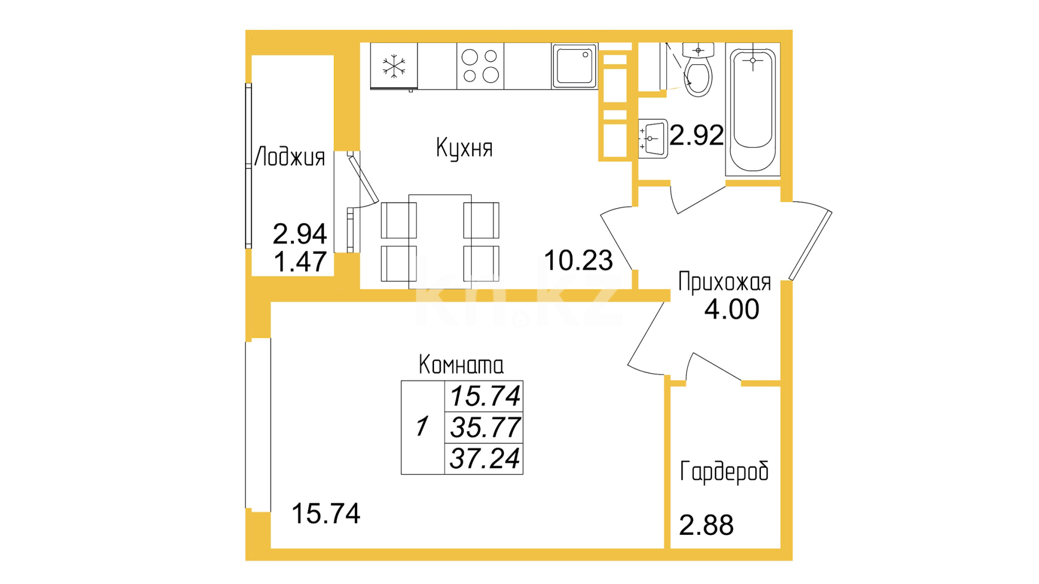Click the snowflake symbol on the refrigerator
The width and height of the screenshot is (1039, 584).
coord(394,66)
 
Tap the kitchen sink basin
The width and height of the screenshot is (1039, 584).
coord(574,66)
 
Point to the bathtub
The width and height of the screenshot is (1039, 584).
coord(753,110)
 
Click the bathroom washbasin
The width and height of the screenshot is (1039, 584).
coord(653,138)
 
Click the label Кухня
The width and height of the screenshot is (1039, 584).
coord(464,148)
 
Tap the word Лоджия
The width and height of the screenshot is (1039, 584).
coord(290,157)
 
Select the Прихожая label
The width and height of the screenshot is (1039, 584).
coord(725,282)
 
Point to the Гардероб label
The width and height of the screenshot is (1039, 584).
coord(724,472)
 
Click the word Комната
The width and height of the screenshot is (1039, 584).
coord(461,365)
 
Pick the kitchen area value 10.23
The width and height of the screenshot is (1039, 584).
coord(578,261)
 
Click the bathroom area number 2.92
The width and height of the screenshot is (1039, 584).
coord(696,135)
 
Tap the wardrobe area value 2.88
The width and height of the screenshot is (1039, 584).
coord(706,525)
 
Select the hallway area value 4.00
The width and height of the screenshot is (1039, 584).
coord(732,309)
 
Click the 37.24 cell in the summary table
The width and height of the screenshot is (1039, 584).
coord(484,459)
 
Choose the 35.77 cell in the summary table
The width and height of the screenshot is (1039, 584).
coord(484,428)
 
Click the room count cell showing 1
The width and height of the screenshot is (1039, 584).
coord(423,427)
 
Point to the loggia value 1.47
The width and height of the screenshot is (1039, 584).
coord(300,262)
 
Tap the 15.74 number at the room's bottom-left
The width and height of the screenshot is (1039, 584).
coord(326,514)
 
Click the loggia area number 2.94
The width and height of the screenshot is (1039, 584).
coord(300,234)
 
